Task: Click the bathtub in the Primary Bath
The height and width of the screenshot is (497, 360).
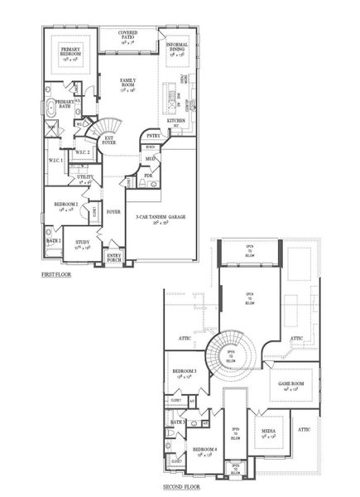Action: [53, 106]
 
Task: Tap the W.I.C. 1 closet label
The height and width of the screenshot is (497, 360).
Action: [56, 159]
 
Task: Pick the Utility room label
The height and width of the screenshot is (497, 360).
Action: [86, 177]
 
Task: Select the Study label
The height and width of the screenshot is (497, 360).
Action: [83, 244]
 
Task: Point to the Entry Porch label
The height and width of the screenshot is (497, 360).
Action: [115, 258]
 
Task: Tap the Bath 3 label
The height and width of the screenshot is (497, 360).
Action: [176, 422]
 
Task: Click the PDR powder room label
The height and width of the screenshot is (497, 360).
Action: [148, 176]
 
